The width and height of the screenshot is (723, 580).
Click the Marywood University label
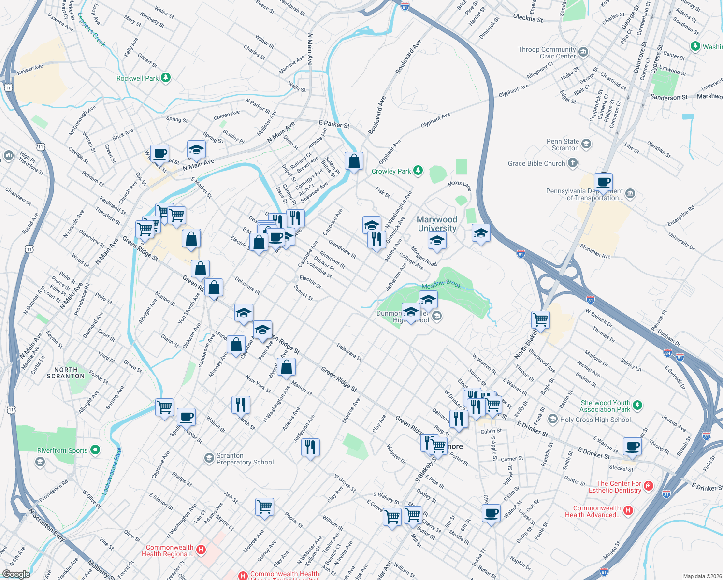[x=437, y=224]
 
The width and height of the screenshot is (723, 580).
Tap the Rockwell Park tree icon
[x=166, y=78]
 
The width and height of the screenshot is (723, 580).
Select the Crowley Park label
[x=391, y=171]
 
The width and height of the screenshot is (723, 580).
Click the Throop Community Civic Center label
[x=547, y=53]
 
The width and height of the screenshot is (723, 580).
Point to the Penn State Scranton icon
[x=586, y=144]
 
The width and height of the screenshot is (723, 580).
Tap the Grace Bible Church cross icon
[x=572, y=163]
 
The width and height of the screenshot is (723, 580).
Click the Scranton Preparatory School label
[x=245, y=459]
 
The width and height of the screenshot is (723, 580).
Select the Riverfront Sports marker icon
[x=95, y=450]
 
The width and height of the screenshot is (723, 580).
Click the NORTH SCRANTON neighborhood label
[x=66, y=373]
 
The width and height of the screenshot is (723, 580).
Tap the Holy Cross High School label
[x=595, y=420]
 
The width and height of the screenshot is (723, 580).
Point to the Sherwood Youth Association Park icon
[x=637, y=406]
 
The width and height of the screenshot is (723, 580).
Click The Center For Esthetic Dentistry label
[x=615, y=487]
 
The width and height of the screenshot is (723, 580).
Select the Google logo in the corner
[x=16, y=574]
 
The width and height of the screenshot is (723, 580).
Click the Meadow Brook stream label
[x=441, y=285]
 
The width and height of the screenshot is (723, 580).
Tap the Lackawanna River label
[x=112, y=471]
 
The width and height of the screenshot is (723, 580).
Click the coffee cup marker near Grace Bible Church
[x=603, y=183]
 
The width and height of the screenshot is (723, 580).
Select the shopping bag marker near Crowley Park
[x=354, y=161]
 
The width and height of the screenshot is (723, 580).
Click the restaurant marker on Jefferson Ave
[x=310, y=447]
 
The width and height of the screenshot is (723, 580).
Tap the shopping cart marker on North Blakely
[x=540, y=319]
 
